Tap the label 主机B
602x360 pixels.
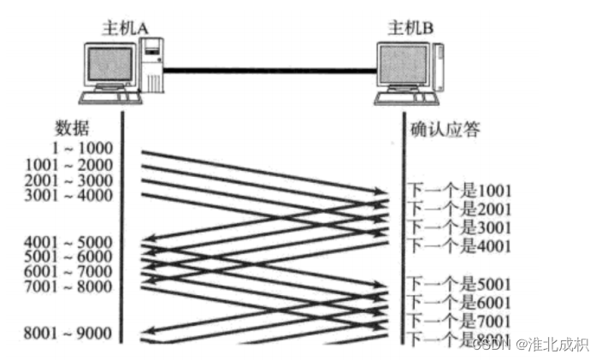tap(410, 27)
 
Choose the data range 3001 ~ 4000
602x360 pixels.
tap(68, 195)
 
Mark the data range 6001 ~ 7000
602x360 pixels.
tap(68, 272)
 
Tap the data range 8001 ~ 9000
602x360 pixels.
tap(68, 333)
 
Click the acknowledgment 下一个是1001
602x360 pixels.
tap(458, 190)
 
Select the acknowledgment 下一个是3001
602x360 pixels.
tap(458, 227)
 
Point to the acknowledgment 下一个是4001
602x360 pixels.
tap(458, 246)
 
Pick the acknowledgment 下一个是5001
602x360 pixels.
tap(458, 283)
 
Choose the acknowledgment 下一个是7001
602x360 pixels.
tap(458, 321)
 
